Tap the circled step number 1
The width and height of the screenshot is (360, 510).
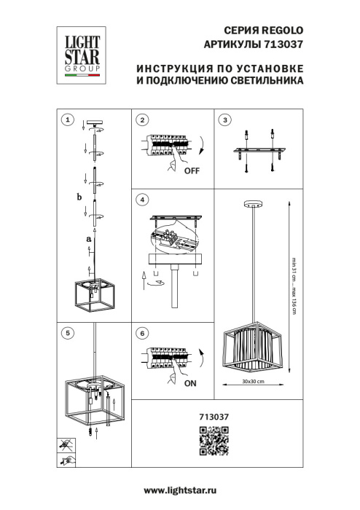pyautogui.click(x=67, y=119)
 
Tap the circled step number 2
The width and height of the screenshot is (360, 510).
pyautogui.click(x=143, y=119)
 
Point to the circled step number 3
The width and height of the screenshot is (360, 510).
pyautogui.click(x=225, y=119)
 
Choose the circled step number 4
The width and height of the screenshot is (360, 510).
pyautogui.click(x=143, y=199)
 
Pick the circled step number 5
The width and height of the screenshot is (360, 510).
pyautogui.click(x=67, y=333)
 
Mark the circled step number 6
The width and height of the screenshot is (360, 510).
pyautogui.click(x=143, y=333)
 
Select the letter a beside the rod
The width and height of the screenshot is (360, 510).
pyautogui.click(x=88, y=238)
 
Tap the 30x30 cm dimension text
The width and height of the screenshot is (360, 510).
pyautogui.click(x=253, y=382)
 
